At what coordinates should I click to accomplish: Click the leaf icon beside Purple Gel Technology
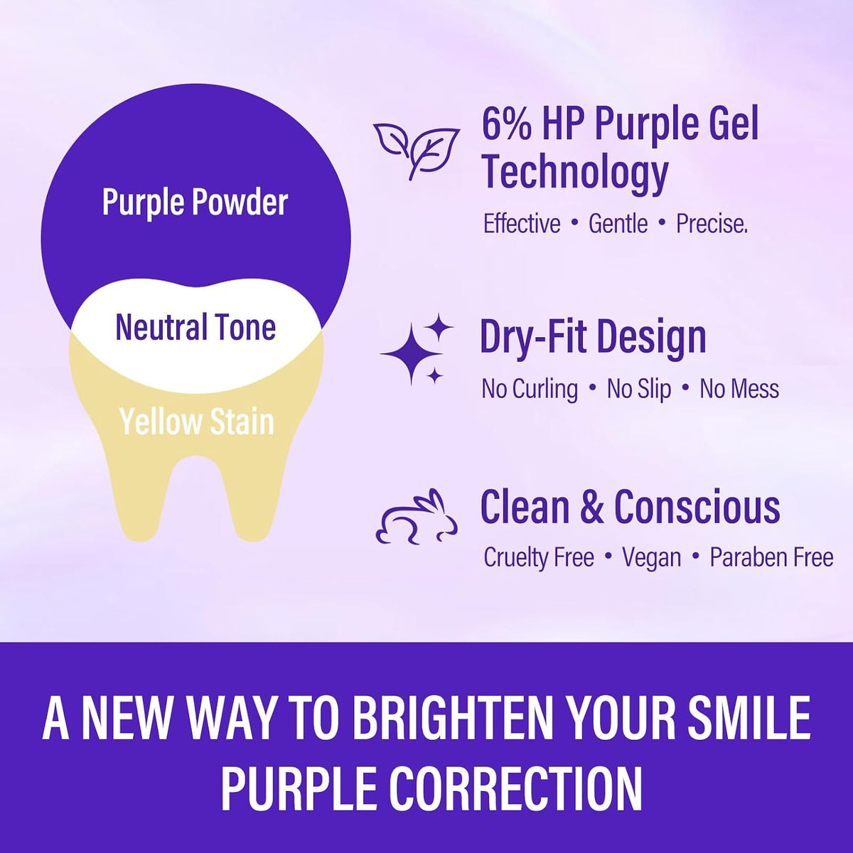(x=416, y=151)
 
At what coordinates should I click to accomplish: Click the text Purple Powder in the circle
(x=195, y=203)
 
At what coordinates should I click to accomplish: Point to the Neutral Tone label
(x=195, y=327)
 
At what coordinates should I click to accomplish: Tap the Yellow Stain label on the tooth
(x=196, y=422)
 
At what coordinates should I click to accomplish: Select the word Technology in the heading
(x=574, y=173)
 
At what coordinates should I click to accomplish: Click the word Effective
(x=522, y=223)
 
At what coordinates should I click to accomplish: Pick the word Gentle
(x=618, y=224)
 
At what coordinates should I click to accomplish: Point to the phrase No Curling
(x=530, y=390)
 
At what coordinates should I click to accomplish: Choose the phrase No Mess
(x=739, y=389)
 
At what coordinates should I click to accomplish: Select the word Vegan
(x=652, y=557)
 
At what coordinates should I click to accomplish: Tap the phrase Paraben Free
(x=771, y=557)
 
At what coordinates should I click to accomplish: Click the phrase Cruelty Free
(x=539, y=557)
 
